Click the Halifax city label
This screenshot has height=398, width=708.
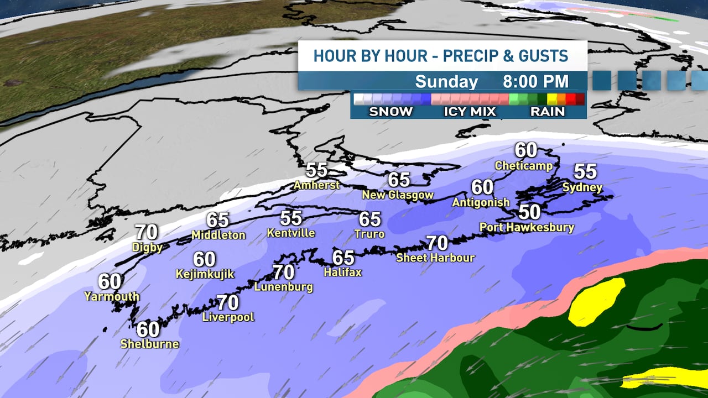(342, 272)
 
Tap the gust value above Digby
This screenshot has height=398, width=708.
(146, 232)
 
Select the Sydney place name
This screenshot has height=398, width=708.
(582, 187)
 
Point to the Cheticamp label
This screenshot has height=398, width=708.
(523, 165)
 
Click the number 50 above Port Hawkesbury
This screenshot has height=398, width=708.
(529, 212)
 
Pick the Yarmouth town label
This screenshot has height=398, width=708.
(112, 296)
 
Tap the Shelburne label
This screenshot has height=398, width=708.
(149, 344)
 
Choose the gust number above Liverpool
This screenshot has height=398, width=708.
(227, 302)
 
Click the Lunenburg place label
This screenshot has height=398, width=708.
(283, 287)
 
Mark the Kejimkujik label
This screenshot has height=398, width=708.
(205, 274)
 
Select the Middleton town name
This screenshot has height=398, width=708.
(218, 235)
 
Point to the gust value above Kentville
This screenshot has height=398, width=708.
(291, 218)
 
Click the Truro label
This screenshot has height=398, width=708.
(370, 234)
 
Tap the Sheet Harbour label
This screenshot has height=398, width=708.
(435, 258)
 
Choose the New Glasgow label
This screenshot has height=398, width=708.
(398, 195)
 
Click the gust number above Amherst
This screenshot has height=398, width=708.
(317, 170)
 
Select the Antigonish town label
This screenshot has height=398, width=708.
(481, 202)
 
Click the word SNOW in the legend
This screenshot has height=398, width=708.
(391, 111)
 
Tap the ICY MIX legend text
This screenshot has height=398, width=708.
(470, 111)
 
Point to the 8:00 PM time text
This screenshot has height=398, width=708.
(535, 81)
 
